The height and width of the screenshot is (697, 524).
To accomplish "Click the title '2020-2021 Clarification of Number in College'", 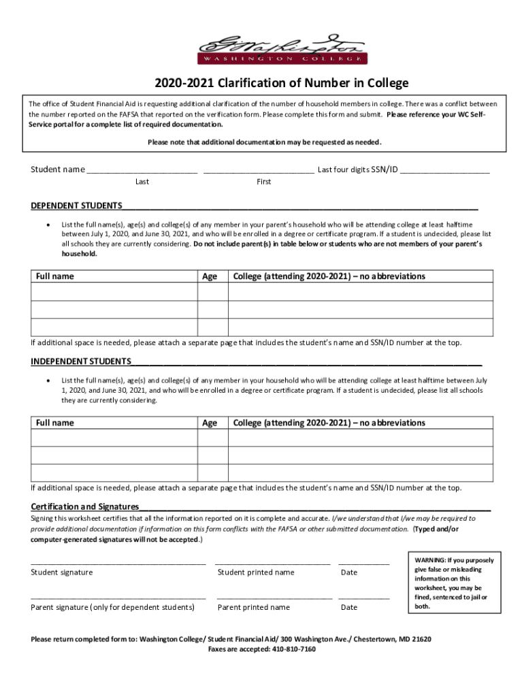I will pyautogui.click(x=281, y=83).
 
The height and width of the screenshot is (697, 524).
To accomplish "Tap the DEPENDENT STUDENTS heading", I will pyautogui.click(x=77, y=206).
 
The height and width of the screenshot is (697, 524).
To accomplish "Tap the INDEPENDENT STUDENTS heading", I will pyautogui.click(x=81, y=361).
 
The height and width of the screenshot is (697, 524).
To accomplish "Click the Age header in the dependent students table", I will pyautogui.click(x=210, y=276).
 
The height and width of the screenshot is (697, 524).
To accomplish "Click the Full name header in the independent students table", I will pyautogui.click(x=54, y=423).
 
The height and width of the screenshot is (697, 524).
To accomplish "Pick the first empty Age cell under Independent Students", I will pyautogui.click(x=212, y=438).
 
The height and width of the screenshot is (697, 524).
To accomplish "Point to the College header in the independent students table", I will pyautogui.click(x=329, y=423).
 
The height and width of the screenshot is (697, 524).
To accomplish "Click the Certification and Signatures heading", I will pyautogui.click(x=85, y=506).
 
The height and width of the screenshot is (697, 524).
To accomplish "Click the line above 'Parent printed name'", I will pyautogui.click(x=274, y=598).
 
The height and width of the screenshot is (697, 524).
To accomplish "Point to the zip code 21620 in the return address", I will pyautogui.click(x=419, y=640).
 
